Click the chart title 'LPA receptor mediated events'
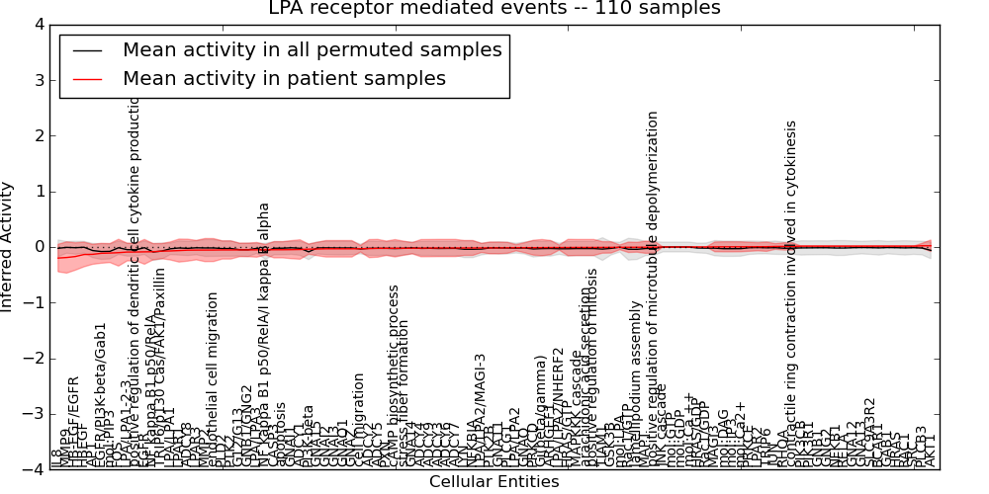(x=436, y=9)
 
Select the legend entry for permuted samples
(x=312, y=49)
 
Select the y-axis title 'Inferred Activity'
(x=9, y=247)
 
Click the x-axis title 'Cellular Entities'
(x=494, y=482)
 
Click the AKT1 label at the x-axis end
(x=931, y=451)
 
